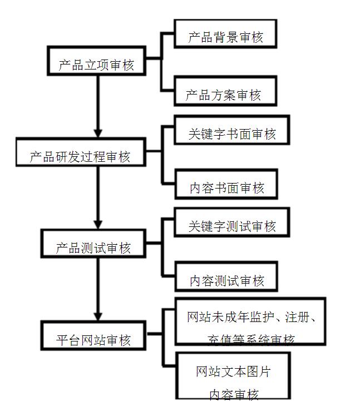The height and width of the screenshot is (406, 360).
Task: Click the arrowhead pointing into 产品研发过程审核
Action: pyautogui.click(x=98, y=133)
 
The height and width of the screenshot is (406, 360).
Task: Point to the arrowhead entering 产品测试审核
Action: pyautogui.click(x=98, y=224)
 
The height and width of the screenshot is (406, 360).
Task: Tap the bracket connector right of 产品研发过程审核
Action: pyautogui.click(x=162, y=153)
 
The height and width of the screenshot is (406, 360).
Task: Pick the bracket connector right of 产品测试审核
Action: pyautogui.click(x=162, y=245)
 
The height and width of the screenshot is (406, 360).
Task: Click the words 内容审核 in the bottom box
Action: pyautogui.click(x=234, y=394)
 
